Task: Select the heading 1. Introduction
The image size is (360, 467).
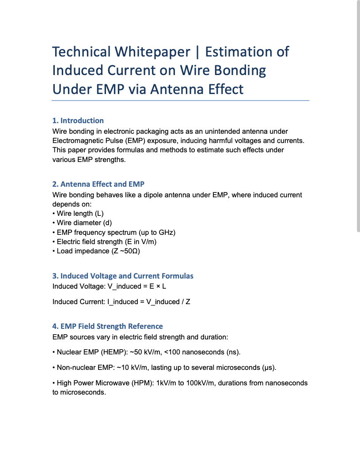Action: (x=78, y=121)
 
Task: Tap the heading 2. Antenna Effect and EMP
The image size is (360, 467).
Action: (x=98, y=184)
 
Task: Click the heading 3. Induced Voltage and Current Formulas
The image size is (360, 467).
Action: (x=122, y=276)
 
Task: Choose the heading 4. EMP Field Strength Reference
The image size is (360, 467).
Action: (x=107, y=326)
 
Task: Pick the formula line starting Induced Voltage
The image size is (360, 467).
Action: (x=109, y=286)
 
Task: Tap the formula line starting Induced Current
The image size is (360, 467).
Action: (x=121, y=302)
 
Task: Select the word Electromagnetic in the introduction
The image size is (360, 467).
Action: (x=77, y=140)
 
